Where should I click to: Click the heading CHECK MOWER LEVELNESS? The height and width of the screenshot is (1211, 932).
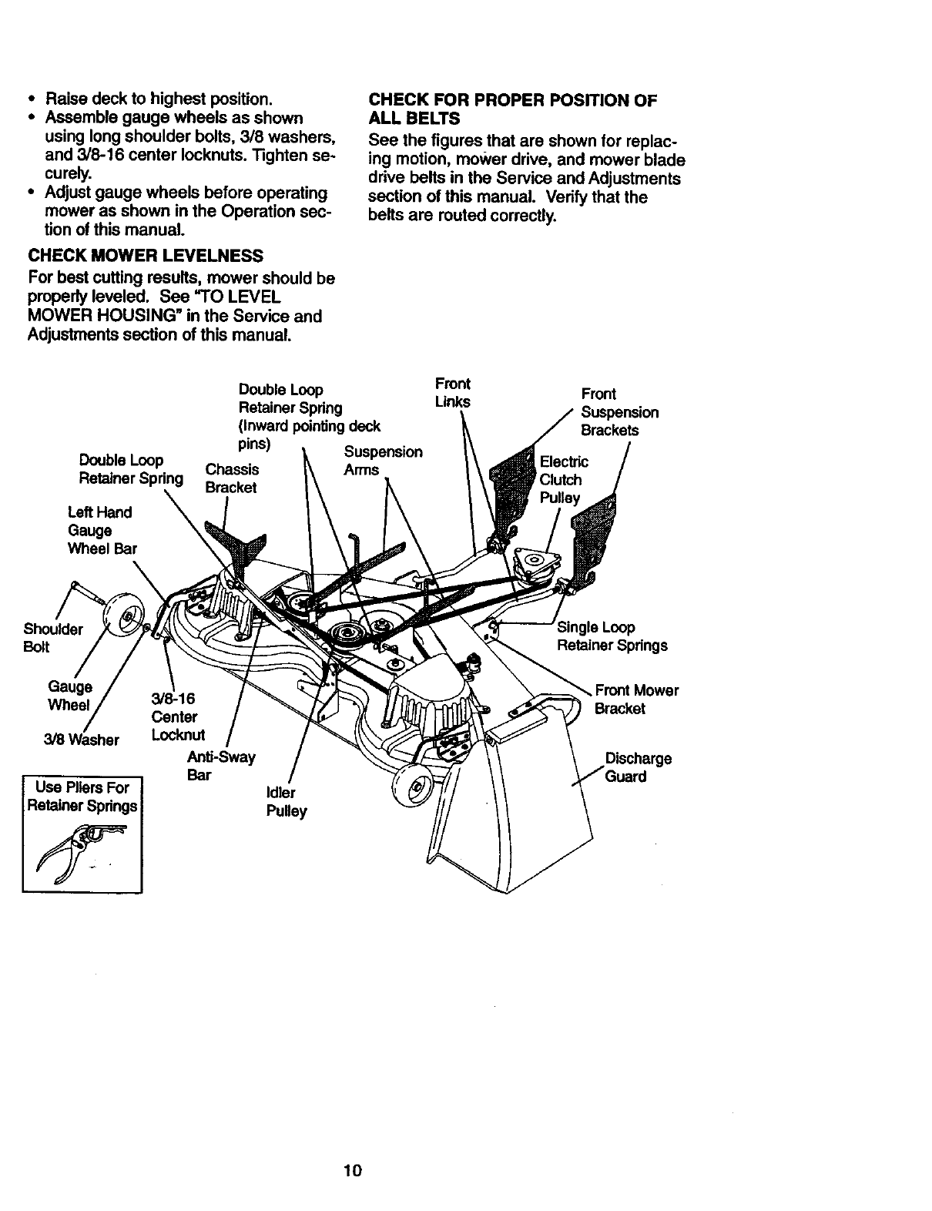click(x=145, y=255)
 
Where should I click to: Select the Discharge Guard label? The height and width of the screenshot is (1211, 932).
click(x=638, y=767)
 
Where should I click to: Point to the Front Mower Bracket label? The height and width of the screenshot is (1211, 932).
click(x=636, y=699)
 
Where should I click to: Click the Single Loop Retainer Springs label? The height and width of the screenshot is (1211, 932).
click(x=612, y=636)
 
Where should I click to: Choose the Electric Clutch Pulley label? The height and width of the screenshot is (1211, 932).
click(x=564, y=479)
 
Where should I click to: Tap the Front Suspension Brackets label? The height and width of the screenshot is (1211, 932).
click(x=619, y=412)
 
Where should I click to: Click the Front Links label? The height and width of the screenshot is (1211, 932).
click(x=452, y=393)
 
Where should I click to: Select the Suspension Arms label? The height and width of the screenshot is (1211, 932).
click(x=383, y=461)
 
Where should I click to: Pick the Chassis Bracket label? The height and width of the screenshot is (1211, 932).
click(x=231, y=478)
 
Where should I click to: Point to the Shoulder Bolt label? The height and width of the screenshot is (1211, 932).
click(x=53, y=638)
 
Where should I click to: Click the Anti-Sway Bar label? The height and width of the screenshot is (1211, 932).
click(x=221, y=766)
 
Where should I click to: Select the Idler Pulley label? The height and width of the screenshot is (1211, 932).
click(x=286, y=802)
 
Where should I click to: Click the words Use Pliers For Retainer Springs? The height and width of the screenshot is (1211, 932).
click(x=82, y=797)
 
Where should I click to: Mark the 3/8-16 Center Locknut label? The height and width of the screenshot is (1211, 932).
click(x=175, y=716)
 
